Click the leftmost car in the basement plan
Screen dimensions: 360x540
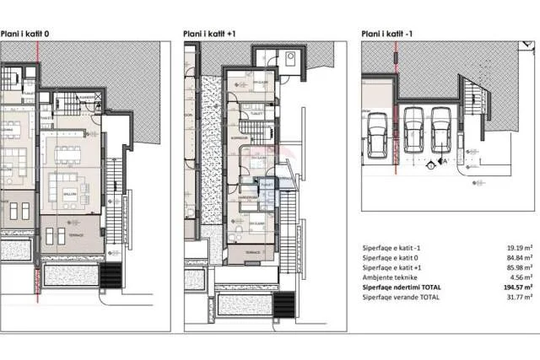(377, 136)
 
